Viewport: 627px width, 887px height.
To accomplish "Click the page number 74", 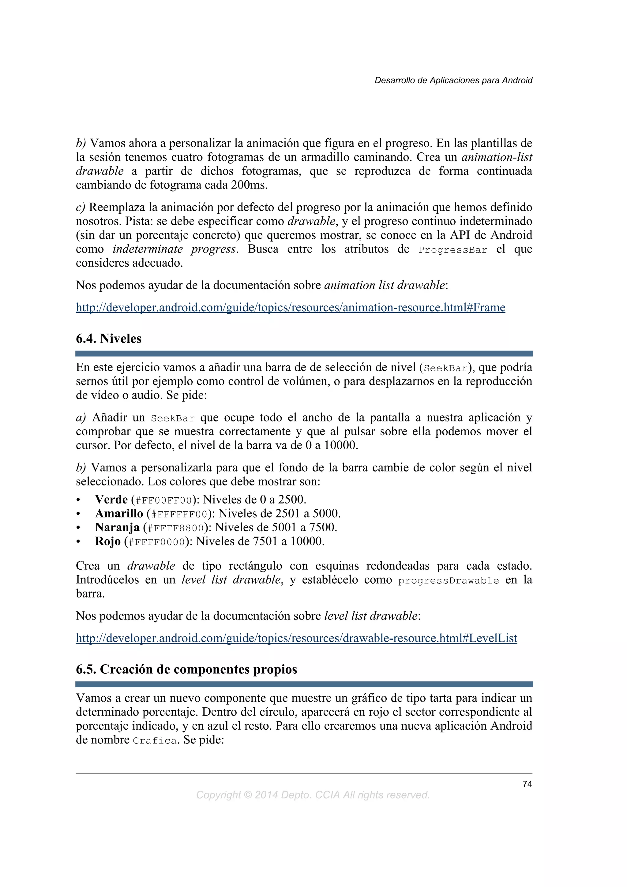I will click(527, 784).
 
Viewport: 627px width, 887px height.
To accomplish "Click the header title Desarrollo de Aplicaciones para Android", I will click(453, 80).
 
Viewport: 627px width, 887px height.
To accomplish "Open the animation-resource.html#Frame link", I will click(290, 308).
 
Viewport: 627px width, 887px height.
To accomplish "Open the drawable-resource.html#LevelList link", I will click(296, 638).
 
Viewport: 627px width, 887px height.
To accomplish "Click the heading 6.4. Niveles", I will click(109, 339).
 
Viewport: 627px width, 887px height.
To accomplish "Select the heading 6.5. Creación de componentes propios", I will click(186, 669).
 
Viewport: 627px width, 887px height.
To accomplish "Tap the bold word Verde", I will click(111, 500).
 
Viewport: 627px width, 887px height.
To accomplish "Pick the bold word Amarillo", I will click(119, 513).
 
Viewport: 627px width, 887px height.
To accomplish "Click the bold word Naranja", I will click(117, 527).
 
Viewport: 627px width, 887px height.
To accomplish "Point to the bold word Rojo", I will click(108, 541).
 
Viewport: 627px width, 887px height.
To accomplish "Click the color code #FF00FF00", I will click(164, 501).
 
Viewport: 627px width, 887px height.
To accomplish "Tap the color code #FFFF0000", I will click(157, 542).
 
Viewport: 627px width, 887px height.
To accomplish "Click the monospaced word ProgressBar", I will click(453, 250).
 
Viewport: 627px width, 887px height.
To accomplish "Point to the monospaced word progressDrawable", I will click(448, 581).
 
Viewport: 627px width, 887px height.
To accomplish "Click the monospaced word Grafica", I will click(155, 741).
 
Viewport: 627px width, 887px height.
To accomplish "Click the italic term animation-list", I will click(497, 157).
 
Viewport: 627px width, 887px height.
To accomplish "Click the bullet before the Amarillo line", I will click(78, 514).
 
